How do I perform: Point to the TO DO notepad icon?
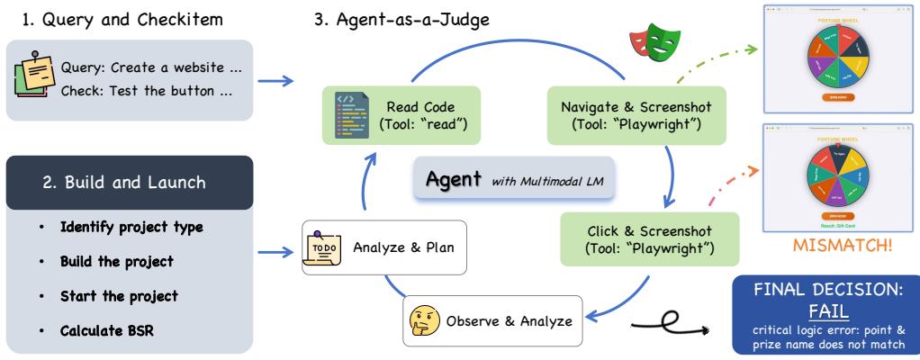click(x=322, y=247)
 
